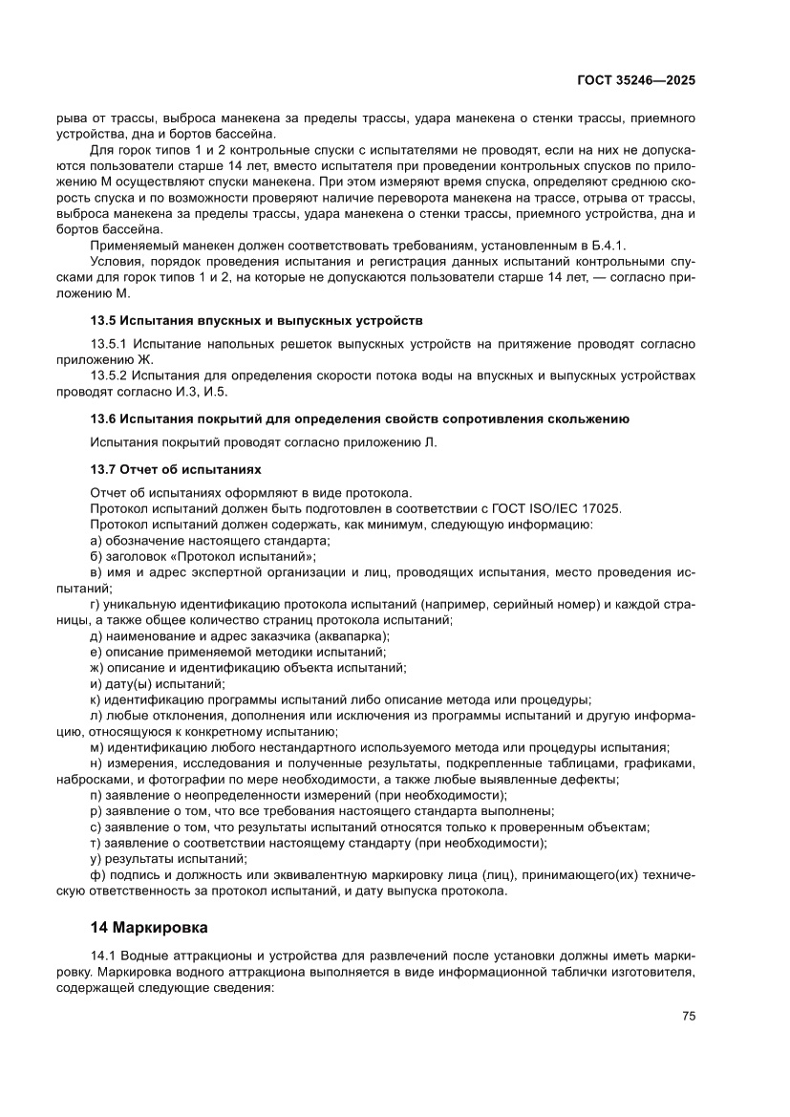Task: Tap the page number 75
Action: pos(688,1016)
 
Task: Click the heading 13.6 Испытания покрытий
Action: pos(358,419)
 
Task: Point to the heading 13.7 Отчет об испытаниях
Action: pos(176,469)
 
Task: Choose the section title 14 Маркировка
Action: pos(148,927)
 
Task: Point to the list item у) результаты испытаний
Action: pos(168,860)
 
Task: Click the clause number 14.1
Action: pos(102,956)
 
